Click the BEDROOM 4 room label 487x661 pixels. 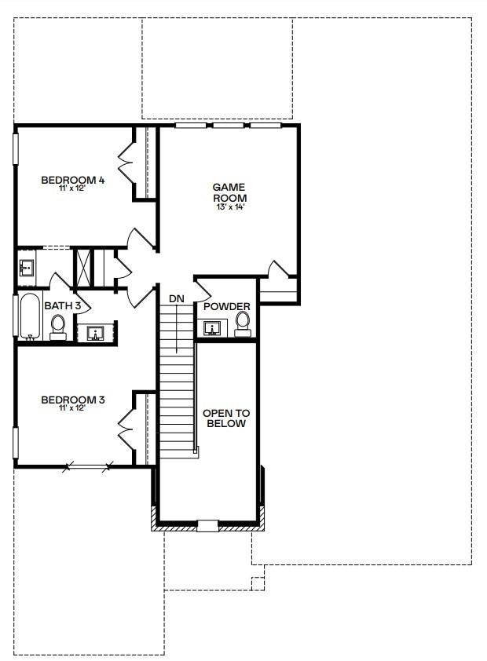[73, 179]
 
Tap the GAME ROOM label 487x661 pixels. [229, 192]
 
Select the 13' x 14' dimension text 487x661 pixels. [229, 208]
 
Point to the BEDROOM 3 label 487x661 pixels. [73, 400]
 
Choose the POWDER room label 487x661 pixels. [226, 306]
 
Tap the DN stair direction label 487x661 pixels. [176, 298]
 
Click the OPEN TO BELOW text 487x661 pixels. [225, 418]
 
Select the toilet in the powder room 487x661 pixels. [243, 320]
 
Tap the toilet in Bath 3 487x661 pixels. [58, 325]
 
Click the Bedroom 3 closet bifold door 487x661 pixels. [126, 428]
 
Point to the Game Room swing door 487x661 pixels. [278, 268]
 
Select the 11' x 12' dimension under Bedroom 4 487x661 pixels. [73, 188]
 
